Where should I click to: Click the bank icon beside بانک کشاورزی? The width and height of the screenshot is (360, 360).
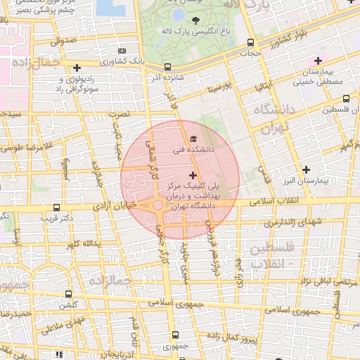(x=123, y=51)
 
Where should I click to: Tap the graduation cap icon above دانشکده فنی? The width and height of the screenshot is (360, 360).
(x=193, y=139)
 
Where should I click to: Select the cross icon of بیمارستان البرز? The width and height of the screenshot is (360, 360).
(x=306, y=169)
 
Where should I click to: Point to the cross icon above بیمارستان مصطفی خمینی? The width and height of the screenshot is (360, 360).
(x=318, y=61)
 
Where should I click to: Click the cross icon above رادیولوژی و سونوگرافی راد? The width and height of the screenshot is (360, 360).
(x=77, y=67)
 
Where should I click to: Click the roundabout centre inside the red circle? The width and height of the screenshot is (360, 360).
(x=158, y=205)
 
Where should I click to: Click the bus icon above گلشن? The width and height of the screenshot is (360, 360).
(x=68, y=294)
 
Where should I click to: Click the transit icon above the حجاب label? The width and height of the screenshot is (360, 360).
(x=251, y=43)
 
